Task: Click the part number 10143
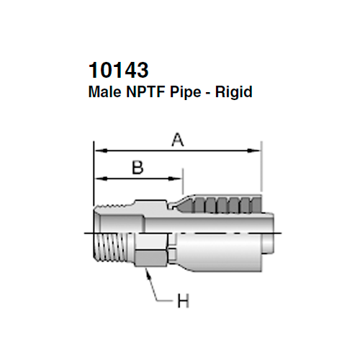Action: pyautogui.click(x=118, y=71)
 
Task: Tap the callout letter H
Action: pyautogui.click(x=184, y=300)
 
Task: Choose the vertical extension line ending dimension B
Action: pyautogui.click(x=183, y=180)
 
